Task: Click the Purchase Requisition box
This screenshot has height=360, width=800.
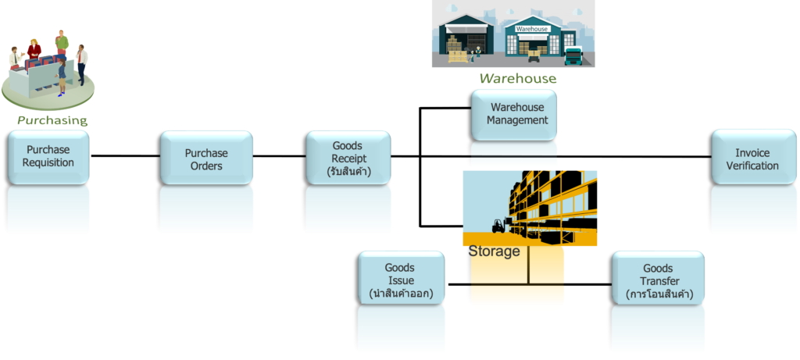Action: click(x=48, y=156)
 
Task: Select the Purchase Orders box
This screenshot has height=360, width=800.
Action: click(x=206, y=159)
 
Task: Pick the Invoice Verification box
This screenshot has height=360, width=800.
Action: click(x=752, y=159)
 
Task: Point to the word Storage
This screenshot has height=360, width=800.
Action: click(x=494, y=251)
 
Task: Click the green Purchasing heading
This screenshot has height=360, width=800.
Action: click(x=52, y=120)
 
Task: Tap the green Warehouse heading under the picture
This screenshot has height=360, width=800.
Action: click(x=517, y=78)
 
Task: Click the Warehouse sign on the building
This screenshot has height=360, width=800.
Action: click(x=532, y=28)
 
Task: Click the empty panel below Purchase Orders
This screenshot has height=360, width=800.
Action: click(x=206, y=210)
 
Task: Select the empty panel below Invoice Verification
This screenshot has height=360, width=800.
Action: click(x=752, y=210)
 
